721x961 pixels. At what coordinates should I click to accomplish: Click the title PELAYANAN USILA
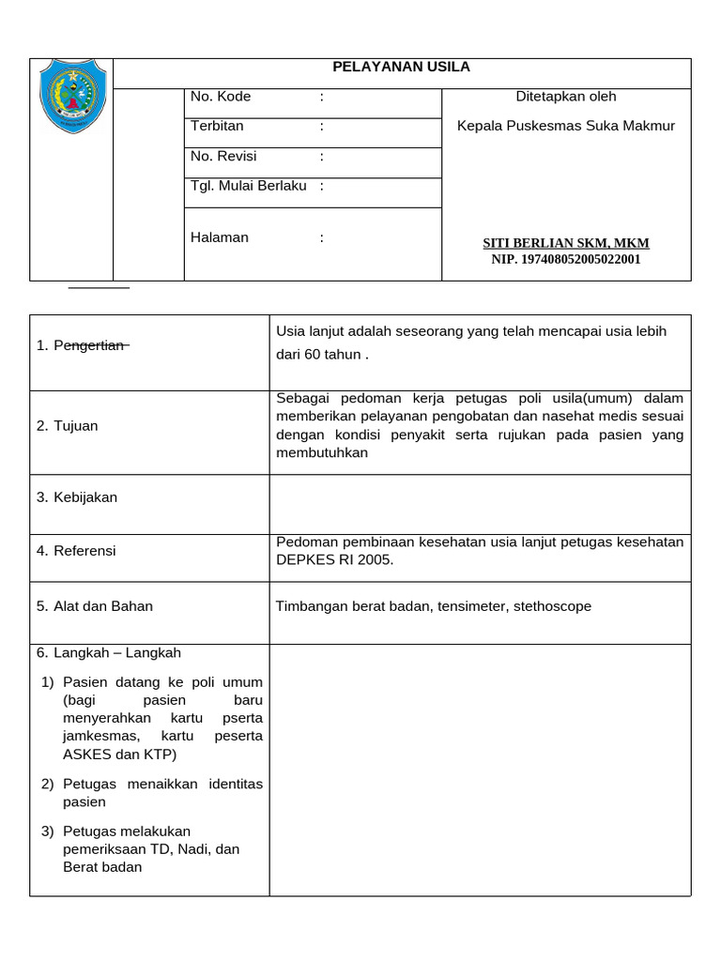[402, 67]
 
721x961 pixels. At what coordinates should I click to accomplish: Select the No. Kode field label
[221, 97]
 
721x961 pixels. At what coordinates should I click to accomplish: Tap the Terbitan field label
[217, 126]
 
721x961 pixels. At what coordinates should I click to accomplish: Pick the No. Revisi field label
[223, 156]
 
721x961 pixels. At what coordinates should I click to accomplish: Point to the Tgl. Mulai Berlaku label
[249, 186]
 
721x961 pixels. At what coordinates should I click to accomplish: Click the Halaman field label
[220, 237]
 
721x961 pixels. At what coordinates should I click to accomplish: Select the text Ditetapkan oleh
[566, 97]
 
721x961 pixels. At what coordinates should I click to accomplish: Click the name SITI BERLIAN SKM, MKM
[566, 243]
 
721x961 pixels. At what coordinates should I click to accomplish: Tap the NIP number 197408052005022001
[566, 259]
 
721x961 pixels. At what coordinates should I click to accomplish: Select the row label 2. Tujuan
[68, 426]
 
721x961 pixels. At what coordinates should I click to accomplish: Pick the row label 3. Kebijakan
[77, 497]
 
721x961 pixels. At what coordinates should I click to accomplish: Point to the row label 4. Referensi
[76, 551]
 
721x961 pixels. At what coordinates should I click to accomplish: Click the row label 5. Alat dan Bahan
[94, 606]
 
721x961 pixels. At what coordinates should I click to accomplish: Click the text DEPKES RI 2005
[335, 559]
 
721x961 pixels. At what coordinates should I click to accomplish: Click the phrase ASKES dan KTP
[119, 755]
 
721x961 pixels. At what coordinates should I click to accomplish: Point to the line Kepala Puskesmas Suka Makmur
[566, 126]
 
